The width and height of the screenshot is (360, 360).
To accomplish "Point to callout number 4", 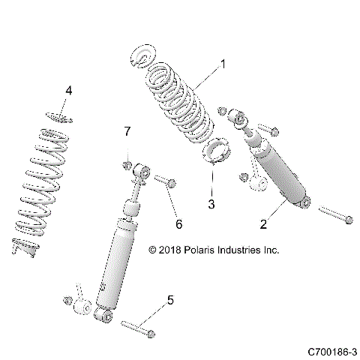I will (x=69, y=91).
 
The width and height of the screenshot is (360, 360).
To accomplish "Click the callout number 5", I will (x=170, y=301).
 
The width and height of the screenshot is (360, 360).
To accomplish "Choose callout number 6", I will (x=178, y=223).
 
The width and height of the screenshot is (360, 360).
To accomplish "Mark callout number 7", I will (x=127, y=133).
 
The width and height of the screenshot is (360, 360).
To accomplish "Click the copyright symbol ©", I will (x=153, y=250).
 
